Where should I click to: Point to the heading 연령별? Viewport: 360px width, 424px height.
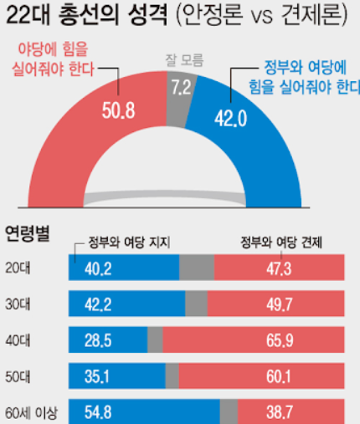27,232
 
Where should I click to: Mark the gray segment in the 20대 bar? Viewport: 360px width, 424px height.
197,267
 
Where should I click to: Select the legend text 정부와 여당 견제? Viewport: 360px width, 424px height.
281,243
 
